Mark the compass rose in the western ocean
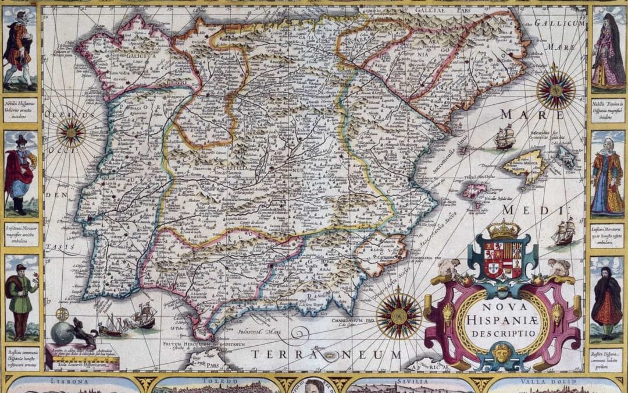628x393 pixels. [x=71, y=132]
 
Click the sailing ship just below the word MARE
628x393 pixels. [x=504, y=137]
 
